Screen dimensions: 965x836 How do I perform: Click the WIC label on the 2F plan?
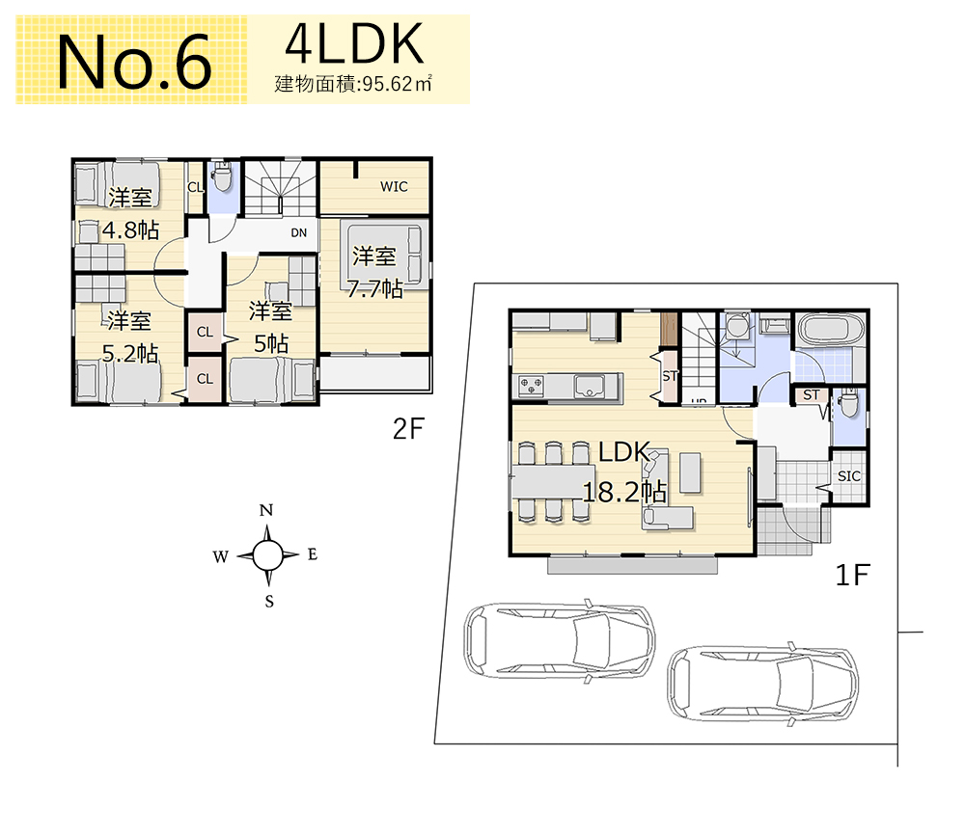click(x=394, y=186)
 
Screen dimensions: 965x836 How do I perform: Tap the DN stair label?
click(x=298, y=232)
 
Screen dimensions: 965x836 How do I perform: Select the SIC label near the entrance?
click(x=848, y=475)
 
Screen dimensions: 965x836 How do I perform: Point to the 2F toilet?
click(x=222, y=177)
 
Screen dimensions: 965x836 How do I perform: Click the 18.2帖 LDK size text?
click(x=624, y=492)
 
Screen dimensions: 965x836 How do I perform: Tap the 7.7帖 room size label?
click(x=374, y=288)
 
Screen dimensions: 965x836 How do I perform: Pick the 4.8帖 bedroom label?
click(x=130, y=230)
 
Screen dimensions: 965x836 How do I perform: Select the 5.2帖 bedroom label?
click(x=130, y=354)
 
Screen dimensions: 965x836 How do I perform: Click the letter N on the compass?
click(x=266, y=510)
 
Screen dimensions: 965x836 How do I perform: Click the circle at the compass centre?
click(x=267, y=555)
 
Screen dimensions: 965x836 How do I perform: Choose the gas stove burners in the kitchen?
click(x=531, y=387)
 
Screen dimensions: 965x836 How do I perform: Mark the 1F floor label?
click(x=852, y=576)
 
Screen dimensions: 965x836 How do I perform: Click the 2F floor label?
click(x=408, y=429)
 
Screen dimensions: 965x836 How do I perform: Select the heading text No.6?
click(x=135, y=62)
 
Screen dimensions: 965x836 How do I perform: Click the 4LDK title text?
click(x=354, y=43)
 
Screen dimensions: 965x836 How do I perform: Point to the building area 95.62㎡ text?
click(x=353, y=84)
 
